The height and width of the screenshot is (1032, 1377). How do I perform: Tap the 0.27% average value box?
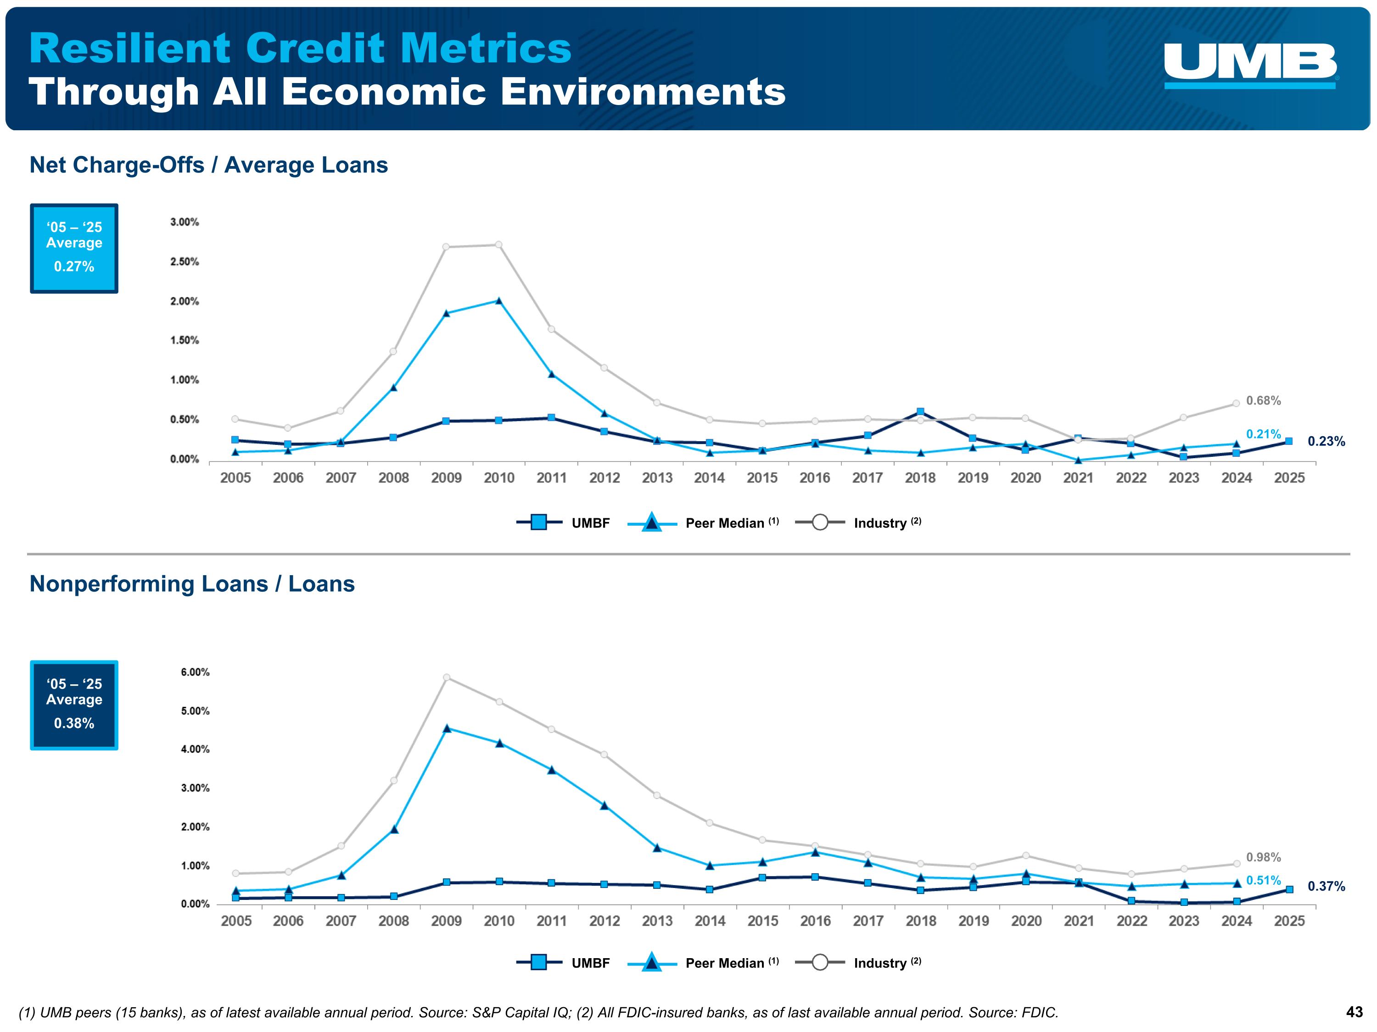tap(74, 248)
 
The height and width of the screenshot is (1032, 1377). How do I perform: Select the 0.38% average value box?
tap(74, 705)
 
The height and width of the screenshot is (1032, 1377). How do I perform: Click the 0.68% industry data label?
tap(1263, 400)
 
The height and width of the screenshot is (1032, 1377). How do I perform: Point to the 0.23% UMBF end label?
tap(1326, 442)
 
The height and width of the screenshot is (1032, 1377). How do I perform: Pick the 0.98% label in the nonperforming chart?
tap(1263, 857)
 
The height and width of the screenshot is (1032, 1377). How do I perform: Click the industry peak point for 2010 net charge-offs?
tap(498, 244)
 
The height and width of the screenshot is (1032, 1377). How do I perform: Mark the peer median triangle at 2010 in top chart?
tap(498, 301)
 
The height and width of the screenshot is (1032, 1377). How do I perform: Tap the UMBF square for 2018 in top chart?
tap(920, 412)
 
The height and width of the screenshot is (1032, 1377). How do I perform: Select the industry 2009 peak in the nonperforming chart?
tap(446, 677)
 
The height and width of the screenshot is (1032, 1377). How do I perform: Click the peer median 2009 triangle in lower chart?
tap(446, 728)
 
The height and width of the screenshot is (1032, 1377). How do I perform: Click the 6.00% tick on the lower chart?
tap(195, 672)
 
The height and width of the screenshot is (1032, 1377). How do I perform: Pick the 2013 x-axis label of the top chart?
tap(657, 478)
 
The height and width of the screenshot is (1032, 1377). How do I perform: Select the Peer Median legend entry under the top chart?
tap(704, 523)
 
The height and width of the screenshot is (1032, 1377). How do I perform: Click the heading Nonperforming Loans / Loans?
tap(192, 584)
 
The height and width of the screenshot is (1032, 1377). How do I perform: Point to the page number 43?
tap(1354, 1012)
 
